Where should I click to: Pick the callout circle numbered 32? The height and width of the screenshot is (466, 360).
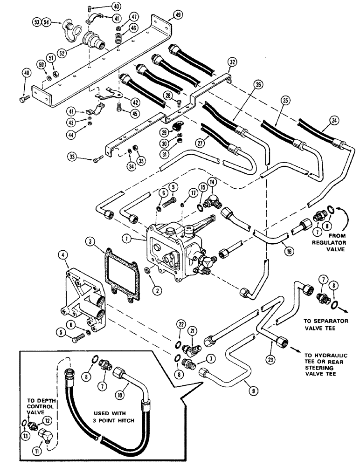click(233, 62)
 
